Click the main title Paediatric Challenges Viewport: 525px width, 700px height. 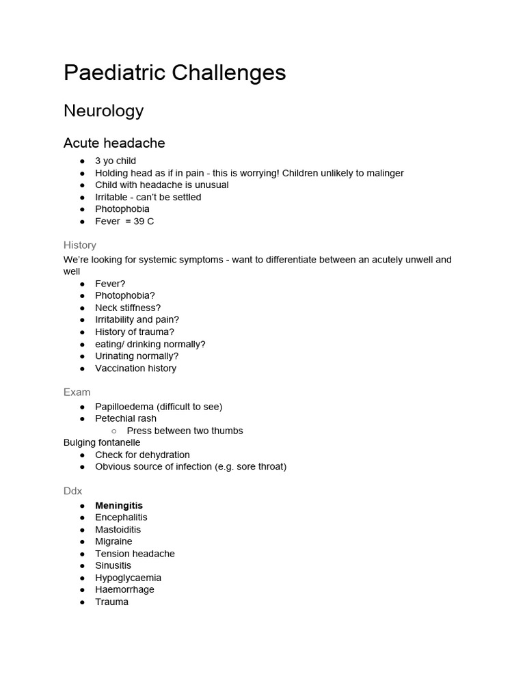tap(174, 73)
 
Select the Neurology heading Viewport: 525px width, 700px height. tap(103, 111)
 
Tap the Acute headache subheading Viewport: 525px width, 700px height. tap(114, 143)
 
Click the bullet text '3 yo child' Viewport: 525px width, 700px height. tap(116, 161)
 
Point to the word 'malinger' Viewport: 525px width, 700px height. tap(383, 173)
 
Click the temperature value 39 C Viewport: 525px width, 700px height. tap(144, 221)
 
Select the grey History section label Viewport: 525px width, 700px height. tap(80, 245)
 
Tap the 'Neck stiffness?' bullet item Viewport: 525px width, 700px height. tap(128, 308)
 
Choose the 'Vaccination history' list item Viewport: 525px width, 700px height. tap(135, 368)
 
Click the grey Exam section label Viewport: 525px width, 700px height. tap(77, 392)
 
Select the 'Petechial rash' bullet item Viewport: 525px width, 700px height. tap(126, 418)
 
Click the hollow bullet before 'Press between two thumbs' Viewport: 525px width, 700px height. tap(113, 431)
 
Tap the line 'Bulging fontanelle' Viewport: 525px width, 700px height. tap(102, 442)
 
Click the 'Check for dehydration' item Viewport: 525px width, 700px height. tap(142, 455)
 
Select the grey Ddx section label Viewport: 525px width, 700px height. tap(73, 491)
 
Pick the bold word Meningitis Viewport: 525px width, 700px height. tap(119, 506)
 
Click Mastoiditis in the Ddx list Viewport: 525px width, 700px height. tap(118, 530)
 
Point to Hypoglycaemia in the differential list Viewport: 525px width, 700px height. tap(129, 578)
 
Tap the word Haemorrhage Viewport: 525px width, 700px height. tap(124, 589)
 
